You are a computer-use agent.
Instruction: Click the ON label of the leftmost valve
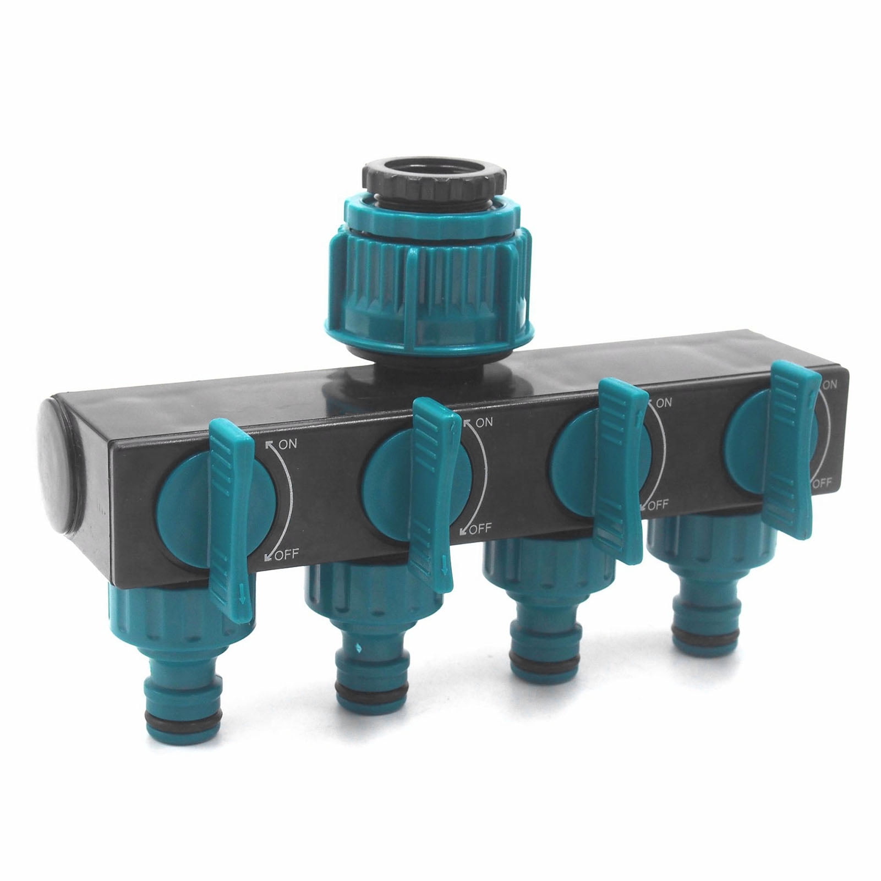(x=288, y=445)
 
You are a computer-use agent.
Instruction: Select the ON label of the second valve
(x=483, y=423)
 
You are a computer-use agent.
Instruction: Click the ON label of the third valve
(x=663, y=403)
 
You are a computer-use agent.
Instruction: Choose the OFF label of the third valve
(x=658, y=504)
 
